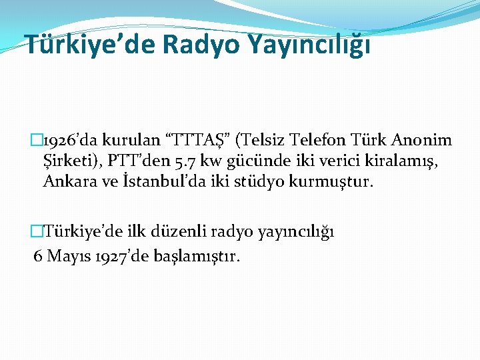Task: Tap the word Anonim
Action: [x=423, y=141]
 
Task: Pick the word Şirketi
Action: [x=69, y=161]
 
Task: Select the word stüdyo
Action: [x=250, y=181]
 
